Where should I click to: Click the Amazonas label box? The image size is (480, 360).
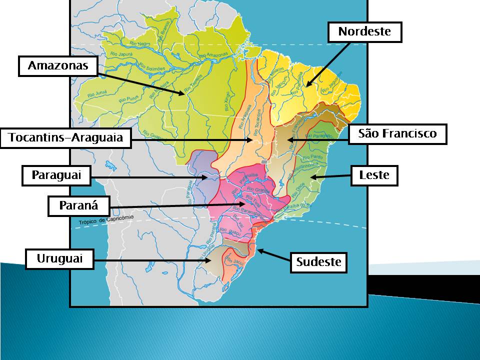click(x=57, y=66)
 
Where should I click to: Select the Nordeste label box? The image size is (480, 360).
click(x=364, y=32)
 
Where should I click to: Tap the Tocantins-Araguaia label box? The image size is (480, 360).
click(x=65, y=138)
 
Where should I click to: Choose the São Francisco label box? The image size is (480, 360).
click(x=397, y=134)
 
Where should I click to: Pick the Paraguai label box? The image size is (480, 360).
click(x=56, y=175)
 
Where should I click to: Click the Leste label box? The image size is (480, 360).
click(x=374, y=175)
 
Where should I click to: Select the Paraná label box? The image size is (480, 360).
click(x=78, y=205)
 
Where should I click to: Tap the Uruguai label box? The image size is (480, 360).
click(x=59, y=259)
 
